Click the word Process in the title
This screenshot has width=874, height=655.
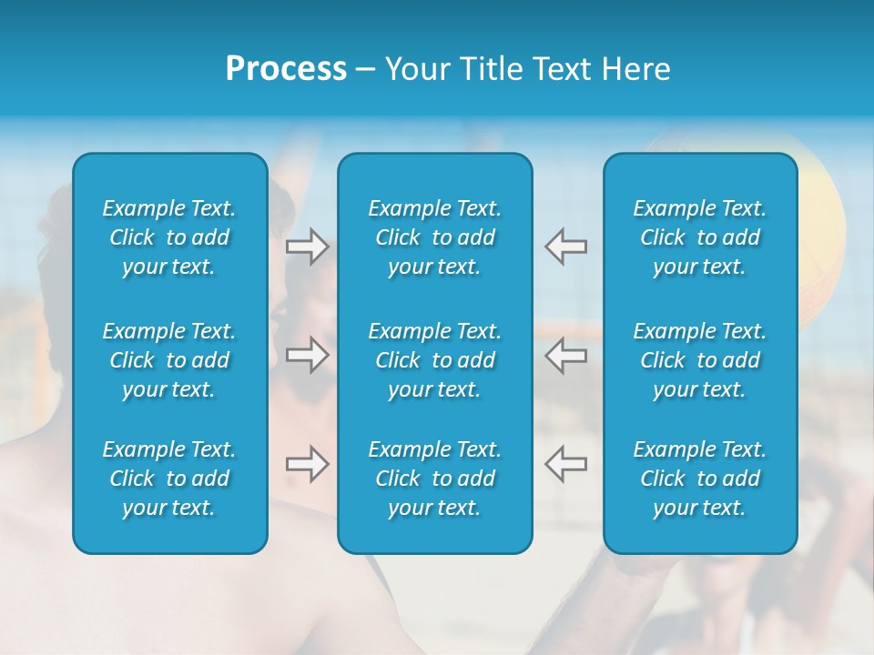tap(286, 69)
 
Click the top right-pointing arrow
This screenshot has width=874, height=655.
tap(308, 247)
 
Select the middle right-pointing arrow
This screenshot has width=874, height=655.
tap(308, 355)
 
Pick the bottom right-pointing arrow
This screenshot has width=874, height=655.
tap(308, 464)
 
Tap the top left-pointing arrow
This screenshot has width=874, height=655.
tap(565, 247)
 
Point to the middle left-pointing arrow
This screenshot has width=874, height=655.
tap(565, 355)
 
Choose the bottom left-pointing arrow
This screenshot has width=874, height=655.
tap(565, 464)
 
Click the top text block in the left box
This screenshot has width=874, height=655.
tap(169, 237)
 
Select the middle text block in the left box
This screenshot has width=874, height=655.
tap(169, 360)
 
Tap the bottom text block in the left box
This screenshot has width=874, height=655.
tap(169, 479)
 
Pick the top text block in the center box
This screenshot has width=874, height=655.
tap(435, 237)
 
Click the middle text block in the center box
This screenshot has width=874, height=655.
tap(435, 360)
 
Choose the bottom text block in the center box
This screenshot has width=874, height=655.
tap(435, 479)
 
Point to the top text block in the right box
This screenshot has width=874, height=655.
tap(700, 237)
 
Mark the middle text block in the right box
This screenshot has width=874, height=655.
tap(700, 360)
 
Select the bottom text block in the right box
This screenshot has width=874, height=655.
tap(700, 479)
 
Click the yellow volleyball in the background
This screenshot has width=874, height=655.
tap(824, 209)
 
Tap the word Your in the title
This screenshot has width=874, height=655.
tap(415, 69)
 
